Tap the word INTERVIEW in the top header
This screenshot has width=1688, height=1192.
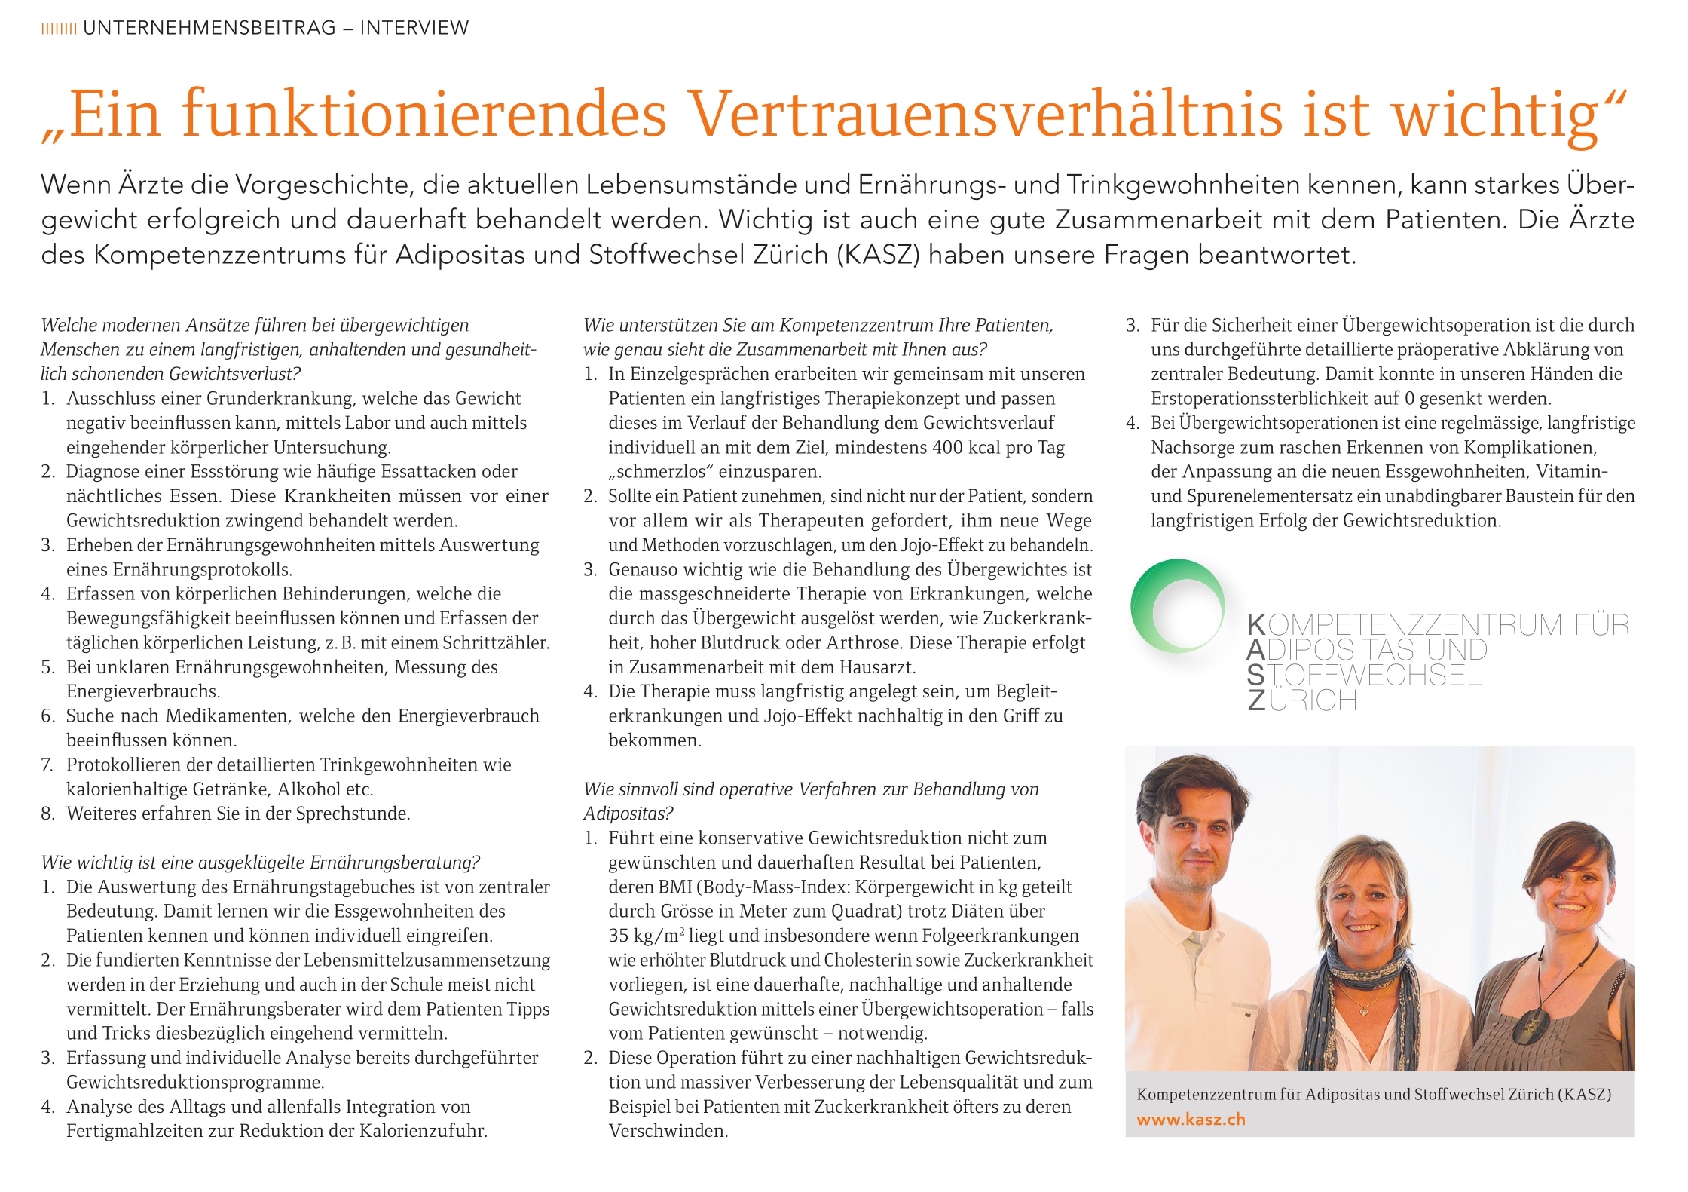414,28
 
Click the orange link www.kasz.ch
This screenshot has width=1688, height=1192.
1191,1120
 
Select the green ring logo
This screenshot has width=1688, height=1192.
1177,605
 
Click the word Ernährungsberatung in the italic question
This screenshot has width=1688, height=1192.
394,863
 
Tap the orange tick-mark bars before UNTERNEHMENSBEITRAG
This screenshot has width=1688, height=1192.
58,29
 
